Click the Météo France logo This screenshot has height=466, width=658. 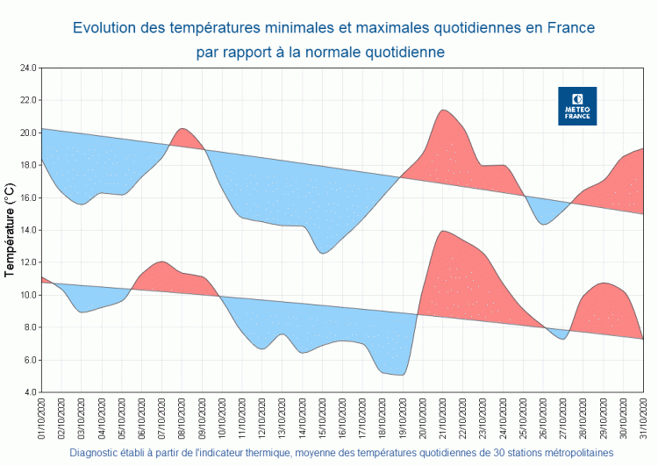coord(577,105)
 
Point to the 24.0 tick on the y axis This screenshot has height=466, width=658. coord(26,68)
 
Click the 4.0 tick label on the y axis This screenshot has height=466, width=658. coord(28,392)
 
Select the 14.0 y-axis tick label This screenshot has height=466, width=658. coord(26,230)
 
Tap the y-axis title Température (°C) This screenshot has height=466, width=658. coord(10,230)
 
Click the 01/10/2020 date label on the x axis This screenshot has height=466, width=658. coord(42,419)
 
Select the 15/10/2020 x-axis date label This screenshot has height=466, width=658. coord(324,419)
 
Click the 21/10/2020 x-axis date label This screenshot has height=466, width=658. coord(444,419)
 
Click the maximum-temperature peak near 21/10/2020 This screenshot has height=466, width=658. coord(444,111)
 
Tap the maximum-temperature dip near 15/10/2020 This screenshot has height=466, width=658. coord(323,253)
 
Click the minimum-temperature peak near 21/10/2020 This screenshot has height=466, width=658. coord(444,232)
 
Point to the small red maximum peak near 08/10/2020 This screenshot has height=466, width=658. coord(182,129)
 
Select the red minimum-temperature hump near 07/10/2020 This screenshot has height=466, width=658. coord(161,262)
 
